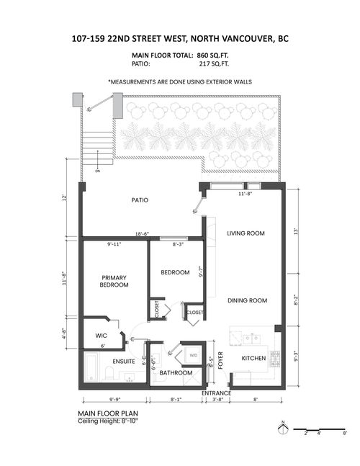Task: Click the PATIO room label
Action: [x=140, y=200]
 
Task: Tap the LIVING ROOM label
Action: [x=246, y=233]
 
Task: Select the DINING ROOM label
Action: [x=248, y=300]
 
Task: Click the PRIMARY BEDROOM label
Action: [x=114, y=281]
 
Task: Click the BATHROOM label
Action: [x=176, y=372]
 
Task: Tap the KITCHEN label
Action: [x=254, y=358]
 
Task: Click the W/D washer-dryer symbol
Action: [x=194, y=355]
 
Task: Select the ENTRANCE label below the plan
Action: [x=216, y=393]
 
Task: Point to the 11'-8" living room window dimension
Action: [x=246, y=193]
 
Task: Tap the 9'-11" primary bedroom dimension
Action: [x=115, y=245]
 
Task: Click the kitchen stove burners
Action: [x=274, y=358]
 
